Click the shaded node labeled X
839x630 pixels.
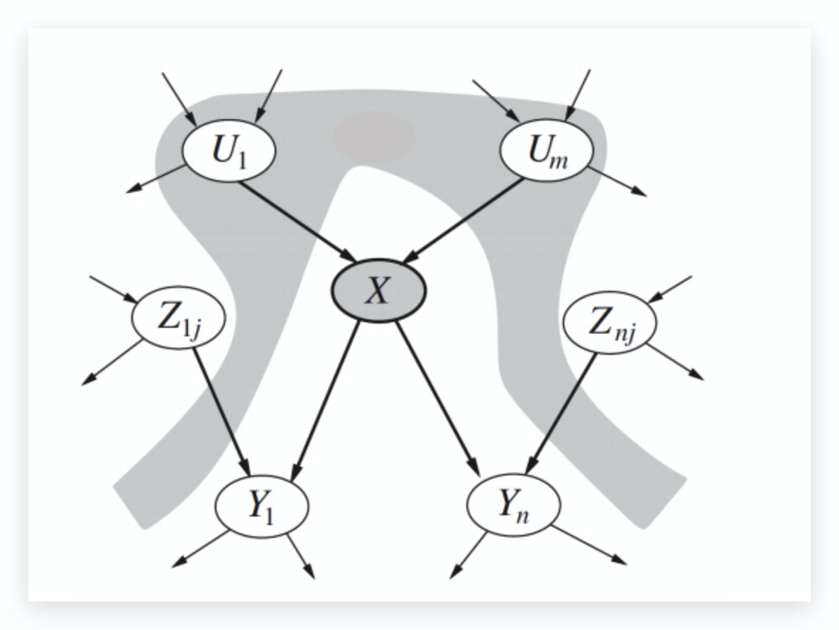coord(379,291)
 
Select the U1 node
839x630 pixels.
coord(226,150)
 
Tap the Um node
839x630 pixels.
coord(544,150)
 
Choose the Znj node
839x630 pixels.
coord(609,324)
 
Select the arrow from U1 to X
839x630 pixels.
coord(298,221)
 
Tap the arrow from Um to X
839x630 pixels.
coord(466,220)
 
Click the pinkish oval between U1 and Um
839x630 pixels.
coord(374,133)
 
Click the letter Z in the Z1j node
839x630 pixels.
coord(170,319)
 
